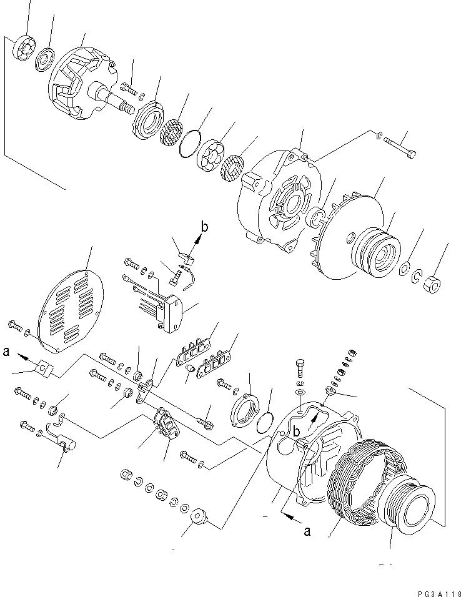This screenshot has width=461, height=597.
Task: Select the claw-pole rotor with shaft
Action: pos(81,86)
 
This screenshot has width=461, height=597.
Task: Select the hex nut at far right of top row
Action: pos(430,285)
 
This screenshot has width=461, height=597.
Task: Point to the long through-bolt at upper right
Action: pos(399,147)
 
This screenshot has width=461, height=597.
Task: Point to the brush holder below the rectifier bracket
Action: pos(166,424)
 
